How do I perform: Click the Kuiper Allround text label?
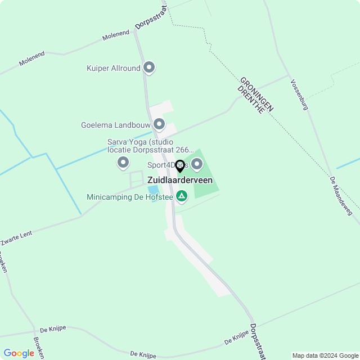[x=113, y=69]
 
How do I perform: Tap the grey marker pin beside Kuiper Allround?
[x=149, y=68]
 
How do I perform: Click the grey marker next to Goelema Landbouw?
[x=159, y=124]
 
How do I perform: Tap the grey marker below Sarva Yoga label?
[x=123, y=163]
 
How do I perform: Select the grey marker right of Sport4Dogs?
[x=197, y=164]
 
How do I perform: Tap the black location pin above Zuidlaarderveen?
[x=180, y=166]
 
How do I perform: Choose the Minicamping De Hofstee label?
[x=130, y=197]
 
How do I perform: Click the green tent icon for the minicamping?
[x=181, y=196]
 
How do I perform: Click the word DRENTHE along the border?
[x=250, y=100]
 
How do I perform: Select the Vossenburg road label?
[x=299, y=94]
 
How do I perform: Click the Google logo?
[x=19, y=353]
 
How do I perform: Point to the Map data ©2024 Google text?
[x=325, y=355]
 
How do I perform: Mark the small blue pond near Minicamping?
[x=153, y=190]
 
